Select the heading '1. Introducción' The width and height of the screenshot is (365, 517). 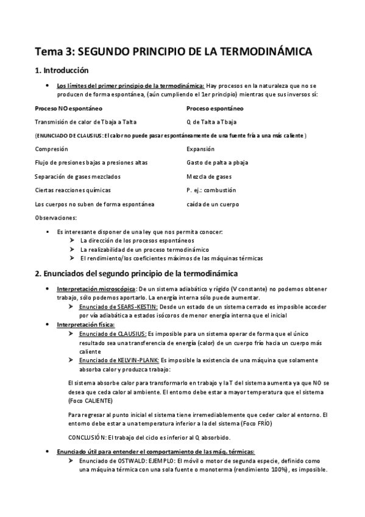62,70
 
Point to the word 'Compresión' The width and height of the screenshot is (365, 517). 51,149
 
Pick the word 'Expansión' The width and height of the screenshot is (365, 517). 200,149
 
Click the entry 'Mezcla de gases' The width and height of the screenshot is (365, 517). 209,176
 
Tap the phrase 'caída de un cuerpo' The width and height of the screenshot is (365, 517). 213,204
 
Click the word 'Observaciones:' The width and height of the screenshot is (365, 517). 56,218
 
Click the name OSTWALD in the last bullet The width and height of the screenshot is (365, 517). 140,462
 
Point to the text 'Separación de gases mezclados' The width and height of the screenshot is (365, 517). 77,176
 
